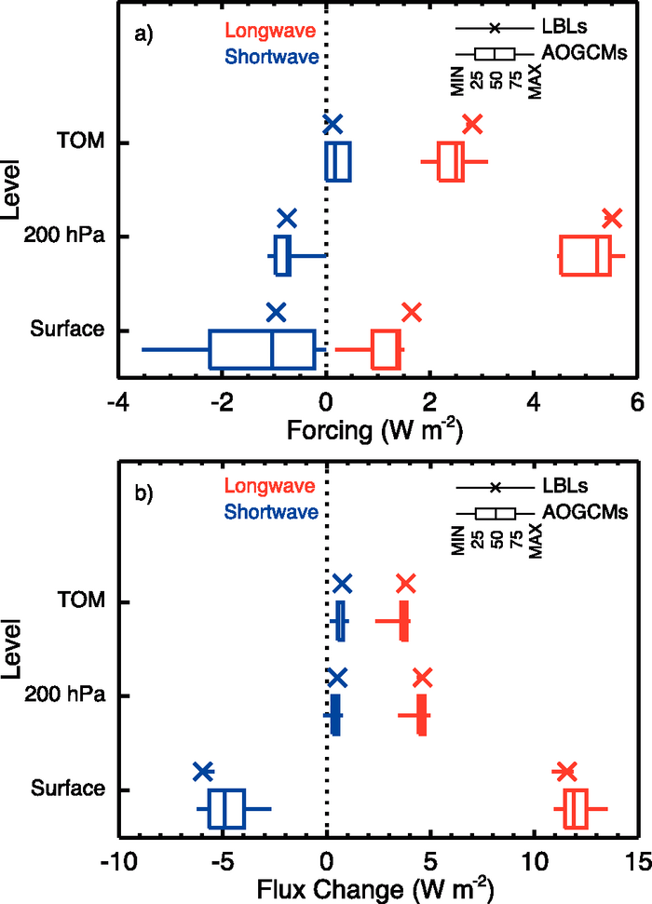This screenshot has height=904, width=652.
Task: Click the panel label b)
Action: [143, 492]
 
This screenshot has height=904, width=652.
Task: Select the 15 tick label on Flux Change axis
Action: [637, 858]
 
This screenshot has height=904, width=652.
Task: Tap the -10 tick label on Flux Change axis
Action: [118, 858]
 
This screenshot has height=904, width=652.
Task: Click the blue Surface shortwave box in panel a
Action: [262, 349]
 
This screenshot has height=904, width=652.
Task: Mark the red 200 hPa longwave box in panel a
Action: [585, 255]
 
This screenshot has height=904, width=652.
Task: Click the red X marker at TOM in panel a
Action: [472, 124]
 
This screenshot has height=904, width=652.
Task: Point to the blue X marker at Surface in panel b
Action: [203, 771]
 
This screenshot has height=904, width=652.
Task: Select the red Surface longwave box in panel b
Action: [576, 808]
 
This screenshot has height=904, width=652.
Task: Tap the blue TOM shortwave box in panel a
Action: [337, 162]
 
